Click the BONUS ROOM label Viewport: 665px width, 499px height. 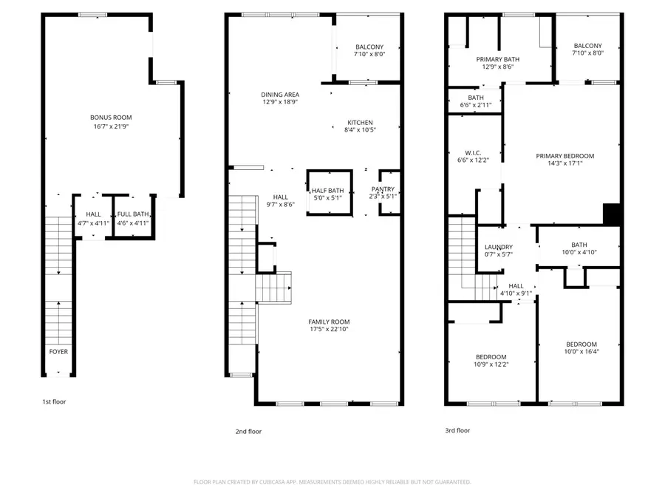[x=111, y=118]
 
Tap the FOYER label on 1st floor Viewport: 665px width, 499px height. [x=58, y=352]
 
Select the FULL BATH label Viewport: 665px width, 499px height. [x=133, y=214]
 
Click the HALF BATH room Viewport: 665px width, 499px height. [x=327, y=191]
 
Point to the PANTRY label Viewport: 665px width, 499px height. [x=383, y=189]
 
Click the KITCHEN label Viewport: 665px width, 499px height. [x=359, y=123]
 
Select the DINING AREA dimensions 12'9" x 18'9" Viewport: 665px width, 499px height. [x=280, y=103]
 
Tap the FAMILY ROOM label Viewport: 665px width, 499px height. [x=329, y=322]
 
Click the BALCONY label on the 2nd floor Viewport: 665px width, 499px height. [x=369, y=47]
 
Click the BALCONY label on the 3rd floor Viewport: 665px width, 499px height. [x=587, y=46]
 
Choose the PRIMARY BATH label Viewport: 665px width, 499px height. [x=497, y=59]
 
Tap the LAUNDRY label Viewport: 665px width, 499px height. [x=499, y=248]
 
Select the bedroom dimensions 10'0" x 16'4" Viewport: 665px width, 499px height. [x=582, y=353]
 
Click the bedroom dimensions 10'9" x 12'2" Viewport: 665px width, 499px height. [x=491, y=364]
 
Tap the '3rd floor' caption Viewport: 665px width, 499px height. [x=457, y=430]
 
